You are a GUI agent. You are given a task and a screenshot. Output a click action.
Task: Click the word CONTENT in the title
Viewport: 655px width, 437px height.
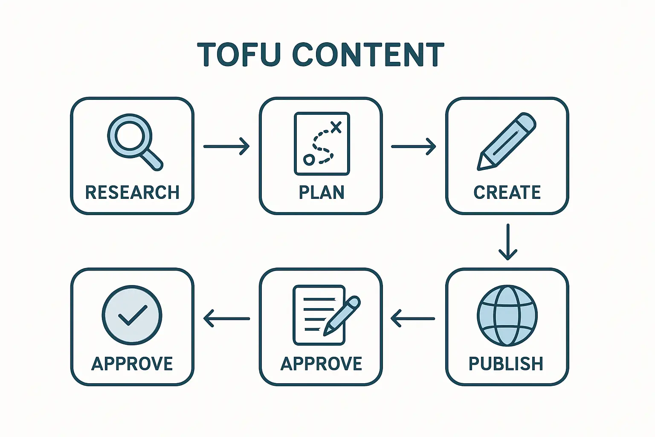pyautogui.click(x=368, y=55)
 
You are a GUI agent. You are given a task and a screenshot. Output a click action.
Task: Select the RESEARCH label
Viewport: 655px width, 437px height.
pyautogui.click(x=132, y=192)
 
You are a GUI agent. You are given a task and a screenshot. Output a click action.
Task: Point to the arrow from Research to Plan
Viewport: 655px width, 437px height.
pyautogui.click(x=226, y=146)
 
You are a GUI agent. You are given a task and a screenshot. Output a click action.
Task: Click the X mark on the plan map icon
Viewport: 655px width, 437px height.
pyautogui.click(x=336, y=126)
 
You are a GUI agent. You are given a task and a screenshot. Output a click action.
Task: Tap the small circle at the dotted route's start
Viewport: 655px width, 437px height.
pyautogui.click(x=308, y=160)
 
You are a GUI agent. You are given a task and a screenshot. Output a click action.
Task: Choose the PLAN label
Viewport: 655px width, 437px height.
pyautogui.click(x=322, y=192)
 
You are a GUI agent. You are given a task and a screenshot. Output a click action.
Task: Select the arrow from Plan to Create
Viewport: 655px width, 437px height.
pyautogui.click(x=413, y=146)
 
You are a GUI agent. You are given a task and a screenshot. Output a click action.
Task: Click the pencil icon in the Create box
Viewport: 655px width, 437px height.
pyautogui.click(x=506, y=141)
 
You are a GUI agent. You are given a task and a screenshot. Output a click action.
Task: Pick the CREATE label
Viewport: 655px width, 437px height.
pyautogui.click(x=507, y=192)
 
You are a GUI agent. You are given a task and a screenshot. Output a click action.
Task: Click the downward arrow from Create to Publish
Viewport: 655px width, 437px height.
pyautogui.click(x=508, y=242)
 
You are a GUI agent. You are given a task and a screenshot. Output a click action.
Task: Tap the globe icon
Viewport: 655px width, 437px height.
pyautogui.click(x=507, y=316)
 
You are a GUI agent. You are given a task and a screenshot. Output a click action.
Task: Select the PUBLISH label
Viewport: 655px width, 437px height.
pyautogui.click(x=506, y=364)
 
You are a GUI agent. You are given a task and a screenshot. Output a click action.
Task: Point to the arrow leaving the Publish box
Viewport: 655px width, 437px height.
pyautogui.click(x=413, y=318)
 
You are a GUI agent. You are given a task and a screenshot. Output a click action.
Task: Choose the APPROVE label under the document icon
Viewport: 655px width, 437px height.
pyautogui.click(x=321, y=364)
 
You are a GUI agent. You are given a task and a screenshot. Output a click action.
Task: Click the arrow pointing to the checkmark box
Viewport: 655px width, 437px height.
pyautogui.click(x=226, y=318)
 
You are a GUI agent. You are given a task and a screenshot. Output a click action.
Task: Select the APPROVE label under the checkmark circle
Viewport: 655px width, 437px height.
pyautogui.click(x=132, y=364)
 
